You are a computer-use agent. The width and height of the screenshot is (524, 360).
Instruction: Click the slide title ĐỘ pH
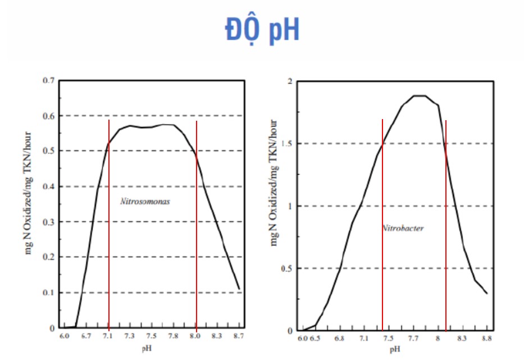(262, 29)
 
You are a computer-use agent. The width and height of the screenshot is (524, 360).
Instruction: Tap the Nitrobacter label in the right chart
(403, 229)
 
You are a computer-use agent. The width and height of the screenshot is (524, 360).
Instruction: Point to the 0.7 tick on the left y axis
(49, 81)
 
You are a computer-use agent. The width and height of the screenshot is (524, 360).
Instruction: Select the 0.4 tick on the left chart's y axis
(49, 186)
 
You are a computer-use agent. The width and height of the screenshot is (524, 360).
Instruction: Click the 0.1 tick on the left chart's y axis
(49, 293)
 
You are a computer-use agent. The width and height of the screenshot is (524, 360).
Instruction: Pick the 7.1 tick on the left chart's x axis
(108, 335)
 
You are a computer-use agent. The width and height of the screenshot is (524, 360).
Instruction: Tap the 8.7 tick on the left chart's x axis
(239, 335)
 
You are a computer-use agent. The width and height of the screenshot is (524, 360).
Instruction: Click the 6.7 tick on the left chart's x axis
(86, 335)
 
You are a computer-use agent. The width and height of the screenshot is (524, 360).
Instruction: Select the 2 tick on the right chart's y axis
(290, 81)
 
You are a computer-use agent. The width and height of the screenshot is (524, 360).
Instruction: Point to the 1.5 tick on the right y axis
(288, 144)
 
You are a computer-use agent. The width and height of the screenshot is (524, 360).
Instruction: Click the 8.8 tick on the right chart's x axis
(486, 339)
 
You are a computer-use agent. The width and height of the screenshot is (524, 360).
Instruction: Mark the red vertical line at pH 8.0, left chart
(197, 225)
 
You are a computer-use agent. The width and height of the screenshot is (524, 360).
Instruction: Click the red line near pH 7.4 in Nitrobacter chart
(382, 225)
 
